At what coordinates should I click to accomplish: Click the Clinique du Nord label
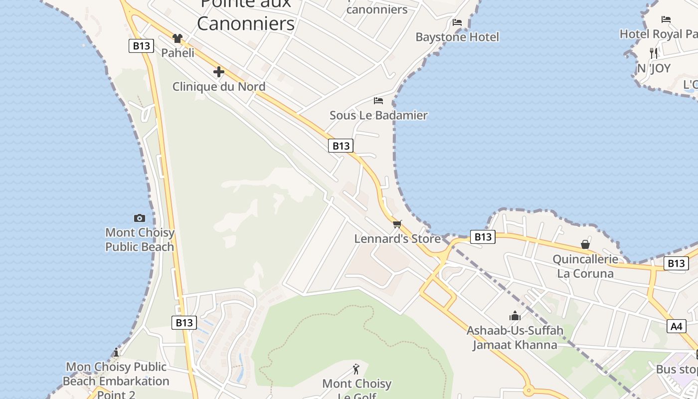click(x=218, y=86)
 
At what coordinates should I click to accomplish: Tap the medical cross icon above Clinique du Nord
click(x=218, y=72)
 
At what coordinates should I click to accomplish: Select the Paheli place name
click(x=177, y=52)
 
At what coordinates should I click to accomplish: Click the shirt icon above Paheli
click(x=177, y=38)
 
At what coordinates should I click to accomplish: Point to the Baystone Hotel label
click(x=457, y=37)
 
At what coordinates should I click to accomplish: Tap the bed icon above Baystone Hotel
click(x=457, y=22)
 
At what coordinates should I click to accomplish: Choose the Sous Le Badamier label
click(x=378, y=115)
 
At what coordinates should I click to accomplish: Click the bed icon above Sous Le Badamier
click(x=378, y=101)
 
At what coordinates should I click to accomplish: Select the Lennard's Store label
click(x=397, y=239)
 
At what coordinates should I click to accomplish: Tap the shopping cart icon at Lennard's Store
click(x=397, y=224)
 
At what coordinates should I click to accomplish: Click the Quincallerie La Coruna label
click(x=585, y=266)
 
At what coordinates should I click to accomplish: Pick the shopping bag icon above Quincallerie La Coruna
click(x=585, y=244)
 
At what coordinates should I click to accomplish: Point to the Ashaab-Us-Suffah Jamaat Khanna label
click(x=515, y=337)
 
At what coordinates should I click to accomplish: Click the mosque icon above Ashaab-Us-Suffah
click(x=515, y=316)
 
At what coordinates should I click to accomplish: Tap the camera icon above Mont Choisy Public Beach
click(x=140, y=218)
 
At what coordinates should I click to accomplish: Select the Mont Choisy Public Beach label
click(x=140, y=239)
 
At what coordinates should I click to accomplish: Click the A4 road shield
click(x=676, y=326)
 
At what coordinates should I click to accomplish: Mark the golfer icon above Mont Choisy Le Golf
click(x=356, y=369)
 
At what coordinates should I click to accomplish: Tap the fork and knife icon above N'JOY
click(x=654, y=53)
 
